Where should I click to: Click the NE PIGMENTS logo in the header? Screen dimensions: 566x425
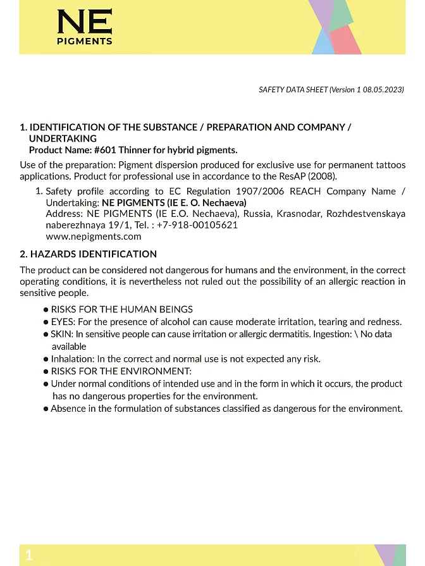click(x=85, y=28)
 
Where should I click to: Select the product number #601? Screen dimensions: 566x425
click(x=105, y=150)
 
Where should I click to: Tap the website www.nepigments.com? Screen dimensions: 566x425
click(x=94, y=237)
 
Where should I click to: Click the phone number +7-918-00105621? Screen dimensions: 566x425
click(x=197, y=225)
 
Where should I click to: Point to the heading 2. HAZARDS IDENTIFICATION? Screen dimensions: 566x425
click(x=89, y=254)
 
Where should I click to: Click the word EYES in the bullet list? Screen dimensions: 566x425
click(x=63, y=322)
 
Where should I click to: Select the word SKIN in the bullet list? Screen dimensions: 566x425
click(x=62, y=334)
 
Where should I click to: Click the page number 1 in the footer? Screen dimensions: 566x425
click(x=29, y=555)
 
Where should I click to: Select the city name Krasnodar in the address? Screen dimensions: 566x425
click(x=299, y=214)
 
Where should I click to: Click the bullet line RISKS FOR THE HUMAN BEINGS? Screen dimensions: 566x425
click(x=122, y=309)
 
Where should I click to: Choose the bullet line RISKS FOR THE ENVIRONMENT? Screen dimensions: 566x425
click(x=121, y=371)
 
